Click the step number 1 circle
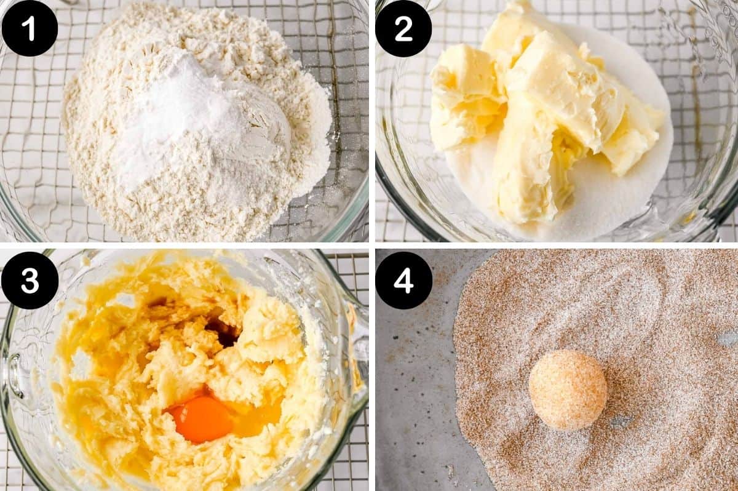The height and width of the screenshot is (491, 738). coord(29,28)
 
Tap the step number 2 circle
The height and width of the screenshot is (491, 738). coord(403,28)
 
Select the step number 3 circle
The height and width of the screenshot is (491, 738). coord(30,280)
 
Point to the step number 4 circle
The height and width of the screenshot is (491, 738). coord(403,280)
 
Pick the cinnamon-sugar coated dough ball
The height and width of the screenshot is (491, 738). coord(568,389)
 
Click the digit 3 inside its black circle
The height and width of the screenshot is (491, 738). coord(30,280)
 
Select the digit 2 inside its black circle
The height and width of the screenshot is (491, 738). coord(403,28)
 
